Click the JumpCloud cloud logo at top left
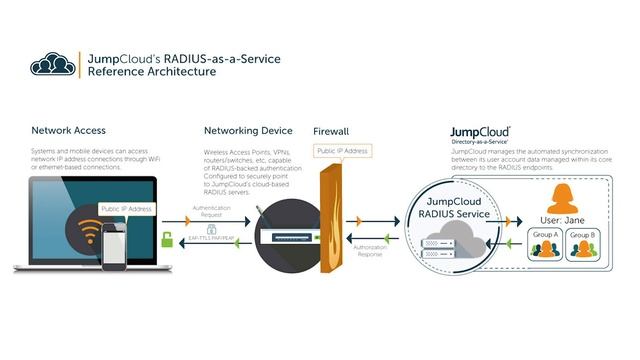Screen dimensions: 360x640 (52, 65)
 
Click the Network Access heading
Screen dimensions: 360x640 (68, 131)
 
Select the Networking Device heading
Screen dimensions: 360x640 (248, 131)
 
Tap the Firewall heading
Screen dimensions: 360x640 (331, 131)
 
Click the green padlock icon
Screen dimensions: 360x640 (167, 239)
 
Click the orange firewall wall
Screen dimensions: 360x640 (331, 225)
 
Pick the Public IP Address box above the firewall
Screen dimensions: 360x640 (342, 151)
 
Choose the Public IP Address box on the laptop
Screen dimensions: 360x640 (127, 209)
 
